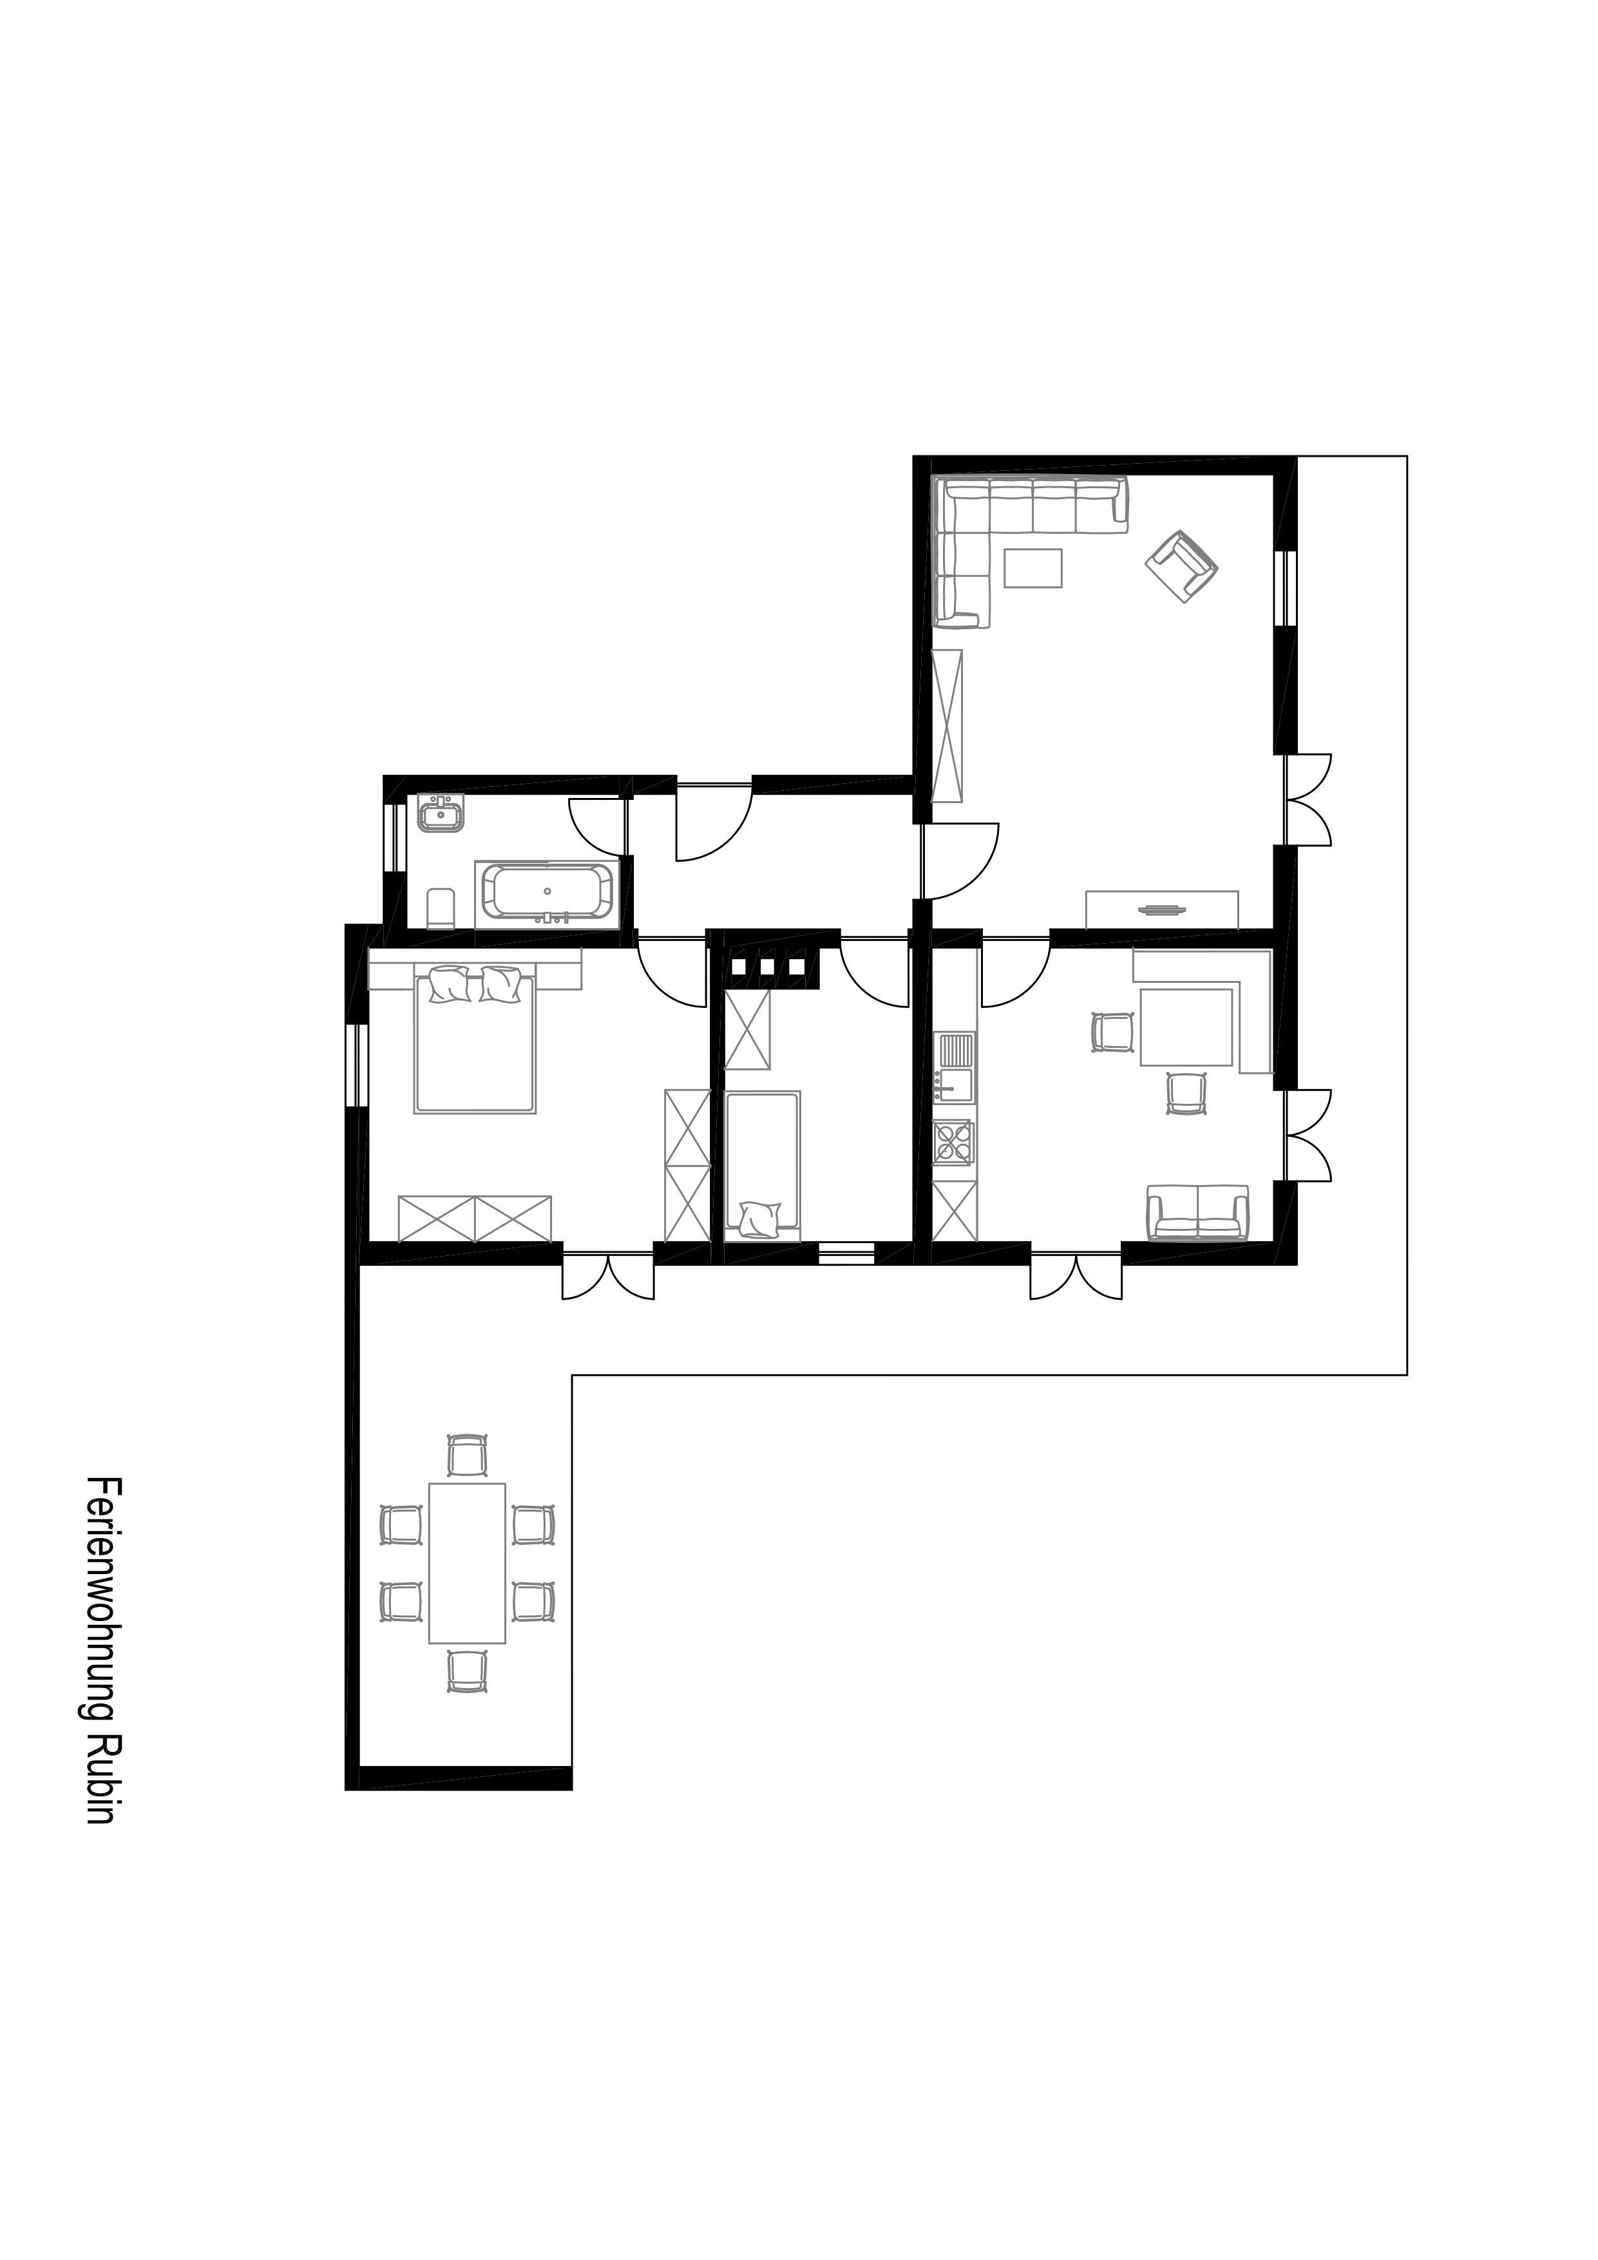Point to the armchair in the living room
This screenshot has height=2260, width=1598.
(1181, 566)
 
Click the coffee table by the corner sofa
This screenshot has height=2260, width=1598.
(1033, 568)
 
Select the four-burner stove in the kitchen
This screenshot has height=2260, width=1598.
(953, 1142)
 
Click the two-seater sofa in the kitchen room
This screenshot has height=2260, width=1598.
(1197, 1213)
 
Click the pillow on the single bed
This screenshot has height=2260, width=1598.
(759, 1219)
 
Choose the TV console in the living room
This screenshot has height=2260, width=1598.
(1162, 909)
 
